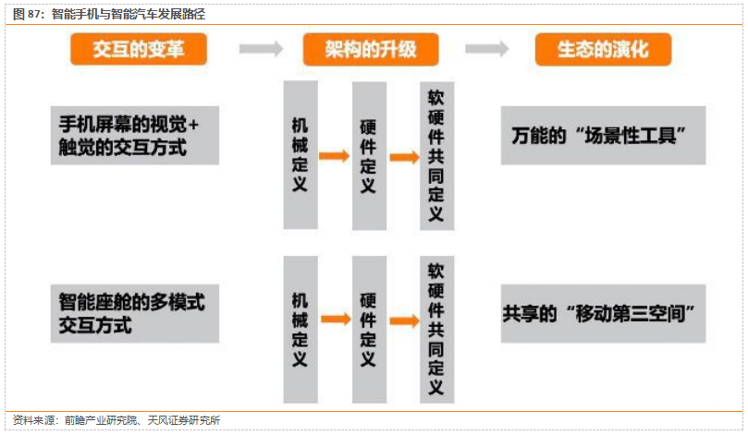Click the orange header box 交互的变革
[x=138, y=49]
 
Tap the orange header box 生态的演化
[x=602, y=49]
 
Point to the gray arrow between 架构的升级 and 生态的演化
[x=486, y=49]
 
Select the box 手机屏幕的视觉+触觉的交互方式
[x=135, y=135]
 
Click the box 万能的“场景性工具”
[x=603, y=135]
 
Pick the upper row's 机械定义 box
[x=300, y=154]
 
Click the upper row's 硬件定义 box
[x=368, y=154]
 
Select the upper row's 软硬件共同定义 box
[x=436, y=154]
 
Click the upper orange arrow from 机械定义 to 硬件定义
[x=334, y=156]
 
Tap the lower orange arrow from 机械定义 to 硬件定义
[x=334, y=320]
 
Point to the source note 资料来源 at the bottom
[x=116, y=420]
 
